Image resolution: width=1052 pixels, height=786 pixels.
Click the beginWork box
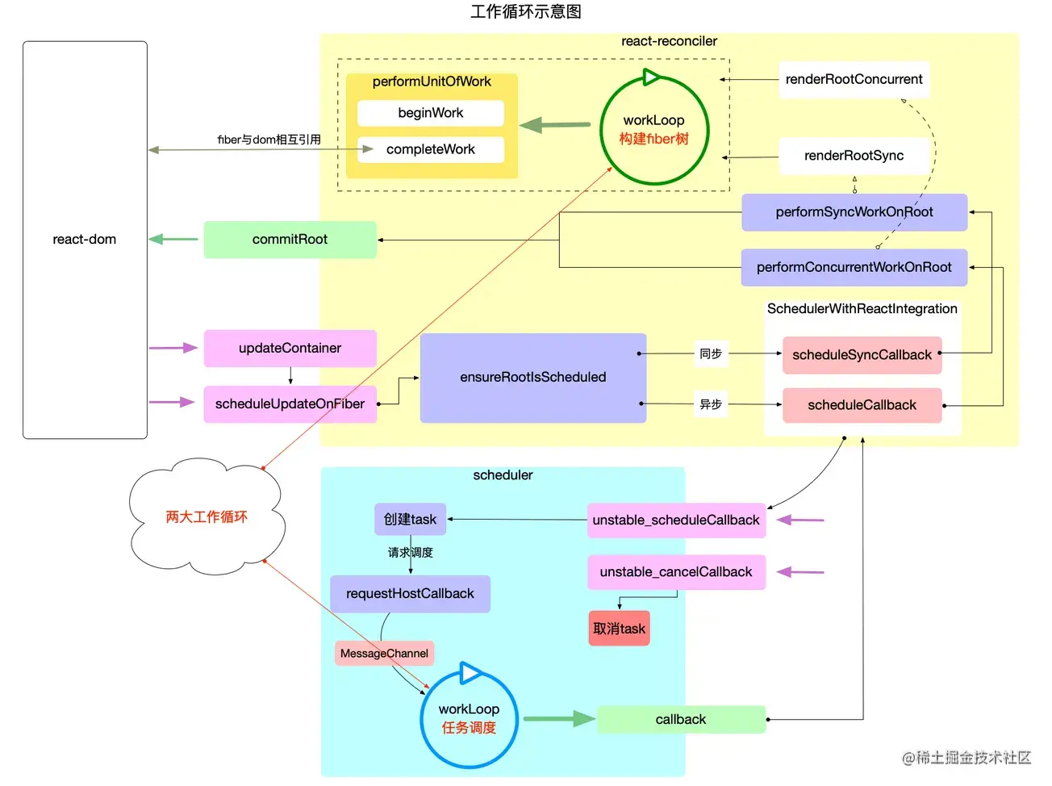coord(430,113)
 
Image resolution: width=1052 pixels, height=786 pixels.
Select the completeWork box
coord(430,149)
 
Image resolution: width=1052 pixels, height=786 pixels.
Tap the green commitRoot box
coord(290,240)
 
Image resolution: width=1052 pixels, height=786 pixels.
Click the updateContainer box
coord(290,348)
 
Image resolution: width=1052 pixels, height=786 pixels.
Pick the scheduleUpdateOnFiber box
coord(290,403)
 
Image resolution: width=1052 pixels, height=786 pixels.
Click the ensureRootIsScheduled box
coord(532,378)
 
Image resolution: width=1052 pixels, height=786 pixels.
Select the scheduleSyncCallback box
coord(862,355)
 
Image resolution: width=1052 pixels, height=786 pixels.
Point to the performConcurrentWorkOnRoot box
coord(854,267)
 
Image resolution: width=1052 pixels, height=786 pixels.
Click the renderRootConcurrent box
coord(854,80)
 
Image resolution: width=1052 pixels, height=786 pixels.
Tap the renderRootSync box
coord(854,156)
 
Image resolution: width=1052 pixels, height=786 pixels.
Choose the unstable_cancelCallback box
coord(676,572)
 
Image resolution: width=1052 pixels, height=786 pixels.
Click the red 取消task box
coord(619,629)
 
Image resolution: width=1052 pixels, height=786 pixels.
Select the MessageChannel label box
coord(384,653)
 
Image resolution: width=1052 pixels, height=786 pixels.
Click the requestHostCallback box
coord(410,594)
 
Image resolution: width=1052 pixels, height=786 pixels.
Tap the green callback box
coord(680,719)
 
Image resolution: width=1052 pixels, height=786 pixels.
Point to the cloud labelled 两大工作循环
coord(207,516)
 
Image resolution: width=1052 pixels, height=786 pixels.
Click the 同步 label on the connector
coord(711,353)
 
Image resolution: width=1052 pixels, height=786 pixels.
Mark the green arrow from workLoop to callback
coord(559,718)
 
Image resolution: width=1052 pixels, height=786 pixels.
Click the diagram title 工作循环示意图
coord(526,11)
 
